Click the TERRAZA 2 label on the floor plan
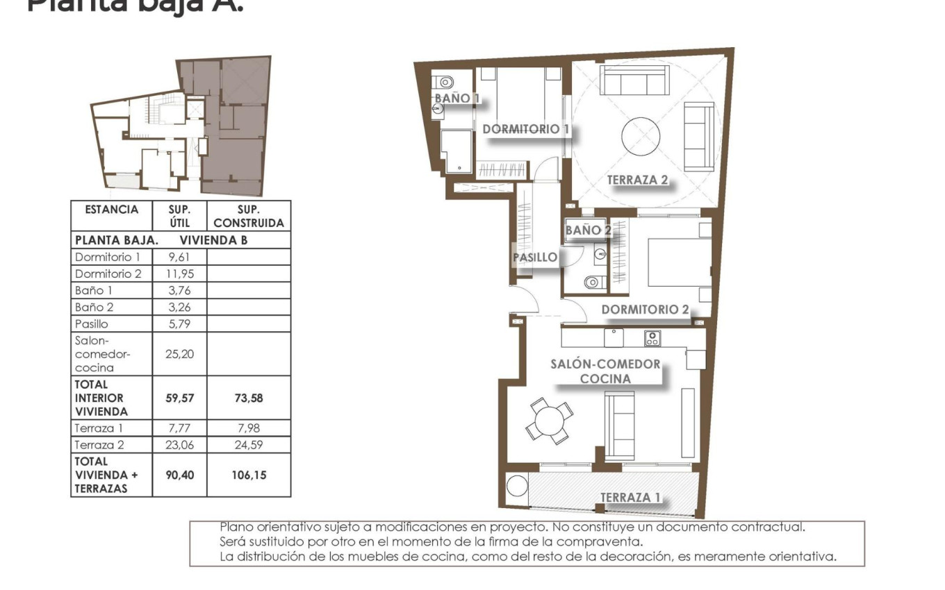[x=637, y=180]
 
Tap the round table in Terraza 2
[x=641, y=136]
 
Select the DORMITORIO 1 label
[x=526, y=129]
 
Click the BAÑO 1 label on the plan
[x=457, y=99]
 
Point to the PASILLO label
[x=535, y=257]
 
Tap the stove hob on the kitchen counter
[x=652, y=338]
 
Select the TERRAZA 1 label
[x=630, y=497]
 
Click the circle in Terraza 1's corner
[x=517, y=485]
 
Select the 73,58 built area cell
[x=248, y=398]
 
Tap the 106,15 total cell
[x=248, y=475]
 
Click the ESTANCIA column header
[x=111, y=210]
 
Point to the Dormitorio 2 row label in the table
[x=108, y=273]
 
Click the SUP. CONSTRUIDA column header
[x=249, y=216]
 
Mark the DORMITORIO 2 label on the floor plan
[x=645, y=310]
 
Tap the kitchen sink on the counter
[x=613, y=338]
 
